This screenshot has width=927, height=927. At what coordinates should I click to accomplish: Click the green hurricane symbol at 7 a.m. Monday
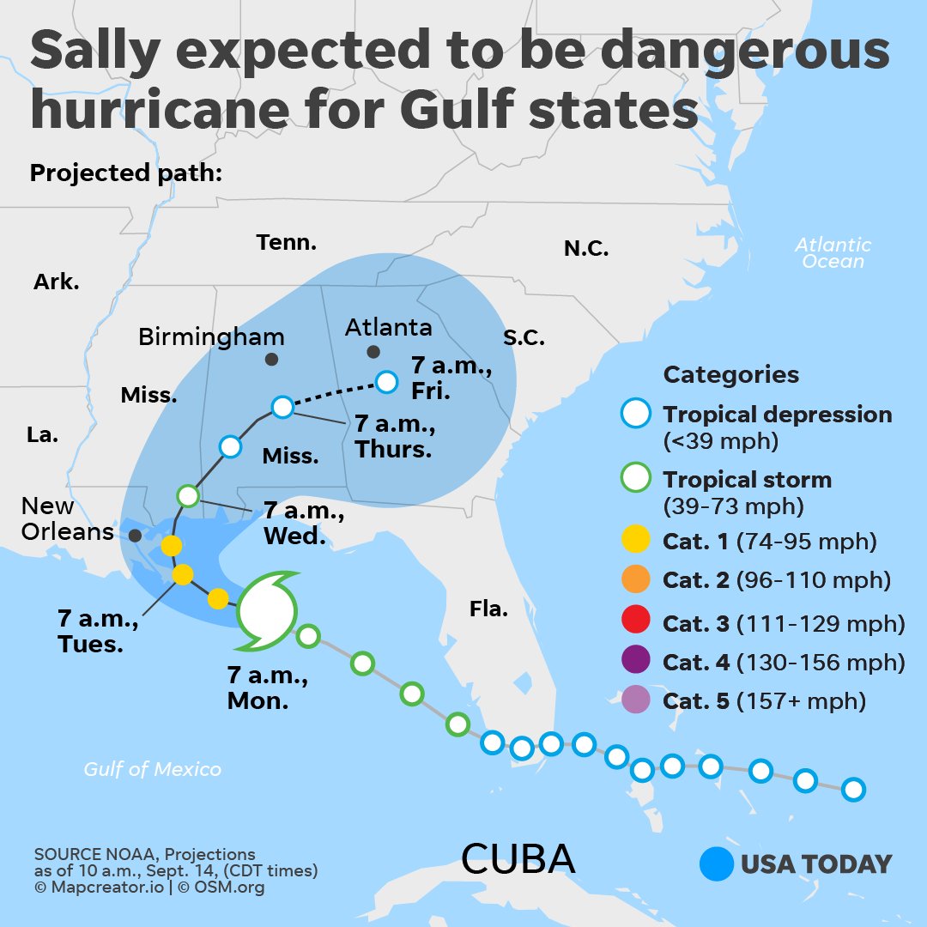pyautogui.click(x=267, y=610)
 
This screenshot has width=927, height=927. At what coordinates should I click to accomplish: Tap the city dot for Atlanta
pyautogui.click(x=373, y=352)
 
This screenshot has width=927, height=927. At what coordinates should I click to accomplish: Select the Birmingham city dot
pyautogui.click(x=271, y=360)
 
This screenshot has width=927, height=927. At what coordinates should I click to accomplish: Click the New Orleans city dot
pyautogui.click(x=135, y=535)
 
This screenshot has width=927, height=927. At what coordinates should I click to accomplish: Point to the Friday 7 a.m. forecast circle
pyautogui.click(x=387, y=381)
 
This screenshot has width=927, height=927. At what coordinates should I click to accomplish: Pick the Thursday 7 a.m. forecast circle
pyautogui.click(x=282, y=407)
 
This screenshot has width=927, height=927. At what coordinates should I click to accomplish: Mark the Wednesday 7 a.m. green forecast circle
pyautogui.click(x=188, y=495)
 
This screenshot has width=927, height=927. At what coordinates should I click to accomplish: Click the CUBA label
pyautogui.click(x=518, y=858)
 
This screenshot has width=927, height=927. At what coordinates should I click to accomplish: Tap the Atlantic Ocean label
pyautogui.click(x=833, y=253)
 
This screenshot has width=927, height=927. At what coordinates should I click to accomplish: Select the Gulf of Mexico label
pyautogui.click(x=152, y=769)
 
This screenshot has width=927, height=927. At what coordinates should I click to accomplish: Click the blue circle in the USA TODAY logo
pyautogui.click(x=717, y=863)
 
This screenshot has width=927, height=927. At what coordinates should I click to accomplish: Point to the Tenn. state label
pyautogui.click(x=286, y=243)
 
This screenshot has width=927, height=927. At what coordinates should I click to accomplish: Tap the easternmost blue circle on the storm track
pyautogui.click(x=852, y=789)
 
